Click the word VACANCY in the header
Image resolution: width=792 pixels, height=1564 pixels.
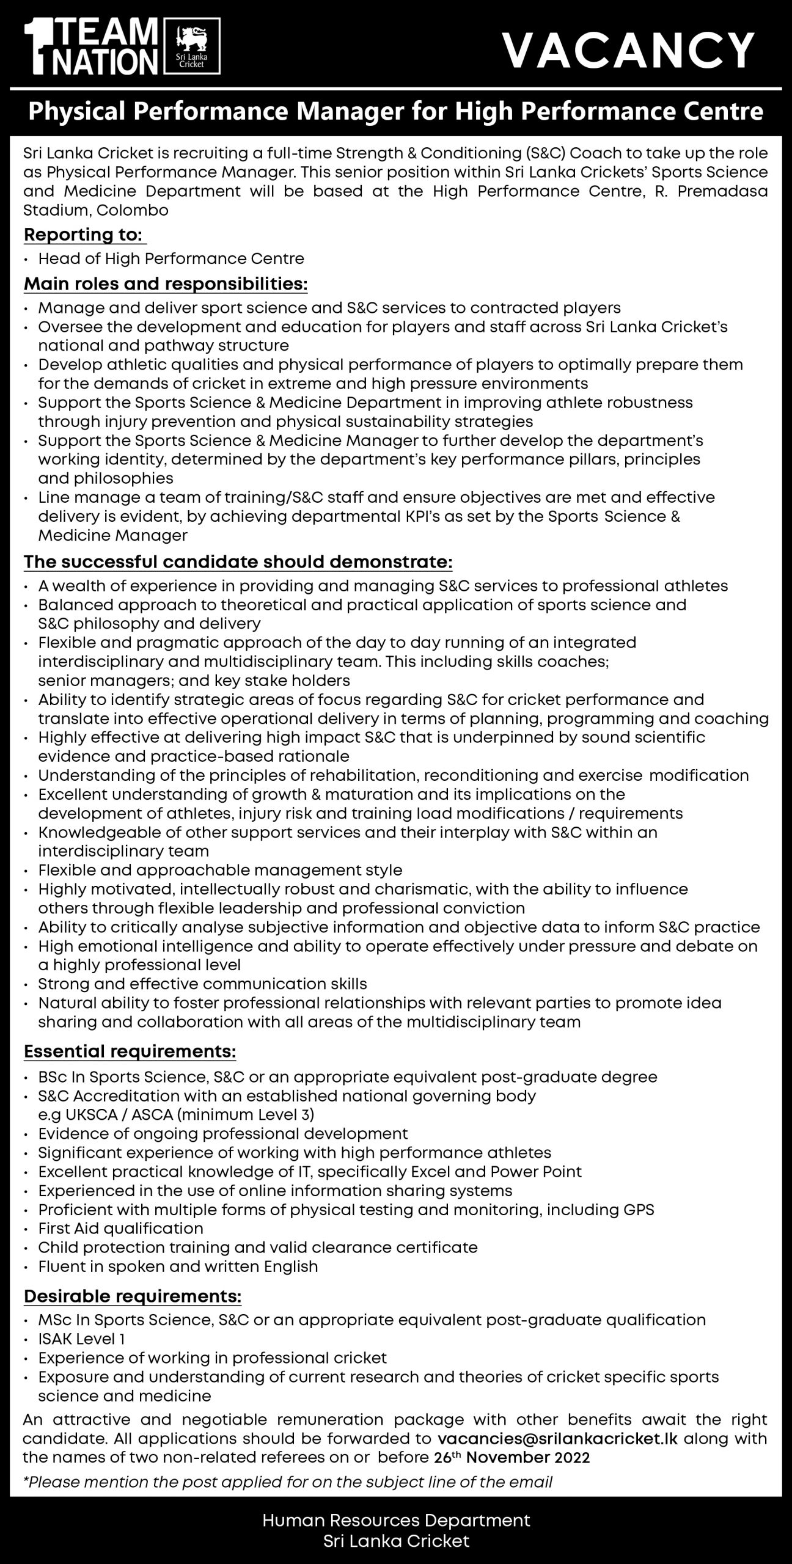point(629,50)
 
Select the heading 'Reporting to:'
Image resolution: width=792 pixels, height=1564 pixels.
point(84,235)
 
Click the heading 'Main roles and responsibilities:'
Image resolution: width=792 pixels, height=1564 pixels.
point(166,284)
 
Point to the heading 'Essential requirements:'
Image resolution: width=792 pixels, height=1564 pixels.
point(130,1051)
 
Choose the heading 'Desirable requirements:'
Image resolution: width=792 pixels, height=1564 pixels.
point(133,1294)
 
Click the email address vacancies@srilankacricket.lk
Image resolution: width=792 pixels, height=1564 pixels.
point(558,1438)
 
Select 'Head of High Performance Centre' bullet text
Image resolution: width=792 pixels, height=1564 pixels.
point(171,258)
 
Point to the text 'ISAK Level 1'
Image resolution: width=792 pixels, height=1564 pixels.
point(81,1339)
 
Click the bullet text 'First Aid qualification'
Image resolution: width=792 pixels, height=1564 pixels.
point(120,1228)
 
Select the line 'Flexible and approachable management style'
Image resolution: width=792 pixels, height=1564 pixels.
point(220,870)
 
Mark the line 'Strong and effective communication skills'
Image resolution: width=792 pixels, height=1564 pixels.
point(202,984)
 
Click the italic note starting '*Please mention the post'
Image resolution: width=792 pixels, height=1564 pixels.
point(287,1482)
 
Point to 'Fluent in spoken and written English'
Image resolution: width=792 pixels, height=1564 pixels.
point(178,1266)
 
